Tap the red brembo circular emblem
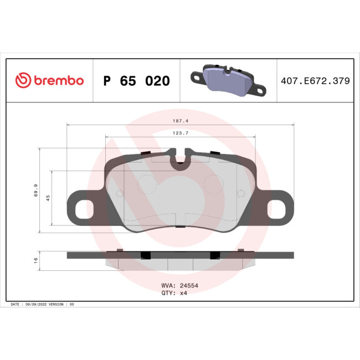coord(22,81)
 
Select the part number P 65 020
coord(136,81)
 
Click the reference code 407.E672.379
coord(315,81)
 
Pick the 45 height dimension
coord(48,198)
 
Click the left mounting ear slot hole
coord(84,209)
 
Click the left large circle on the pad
coord(147,183)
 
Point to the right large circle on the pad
coord(213,183)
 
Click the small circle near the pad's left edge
coord(120,193)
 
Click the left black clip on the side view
coord(146,255)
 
